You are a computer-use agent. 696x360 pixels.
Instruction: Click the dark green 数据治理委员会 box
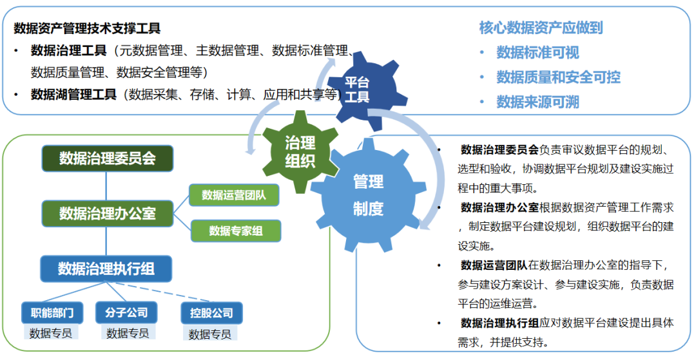click(107, 158)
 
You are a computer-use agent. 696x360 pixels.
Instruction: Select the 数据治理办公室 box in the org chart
click(107, 213)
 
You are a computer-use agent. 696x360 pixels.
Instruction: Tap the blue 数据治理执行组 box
click(106, 269)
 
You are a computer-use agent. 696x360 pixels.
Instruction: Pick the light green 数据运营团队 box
click(235, 194)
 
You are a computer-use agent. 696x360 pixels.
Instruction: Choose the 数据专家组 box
click(236, 231)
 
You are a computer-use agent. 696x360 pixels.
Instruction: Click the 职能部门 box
click(52, 313)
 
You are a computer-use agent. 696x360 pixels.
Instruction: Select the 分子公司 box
click(126, 313)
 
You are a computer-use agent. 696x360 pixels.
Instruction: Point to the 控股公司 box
click(211, 314)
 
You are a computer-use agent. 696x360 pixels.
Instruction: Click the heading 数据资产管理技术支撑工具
click(87, 28)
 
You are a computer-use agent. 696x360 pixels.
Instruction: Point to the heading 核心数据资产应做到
click(541, 27)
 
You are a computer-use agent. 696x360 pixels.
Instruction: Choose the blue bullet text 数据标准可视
click(537, 53)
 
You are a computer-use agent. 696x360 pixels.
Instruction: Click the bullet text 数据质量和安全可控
click(558, 77)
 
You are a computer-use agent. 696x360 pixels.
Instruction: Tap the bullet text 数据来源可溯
click(537, 102)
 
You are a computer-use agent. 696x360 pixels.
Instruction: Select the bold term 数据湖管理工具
click(73, 95)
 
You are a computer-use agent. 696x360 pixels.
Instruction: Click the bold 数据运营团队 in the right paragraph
click(494, 265)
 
